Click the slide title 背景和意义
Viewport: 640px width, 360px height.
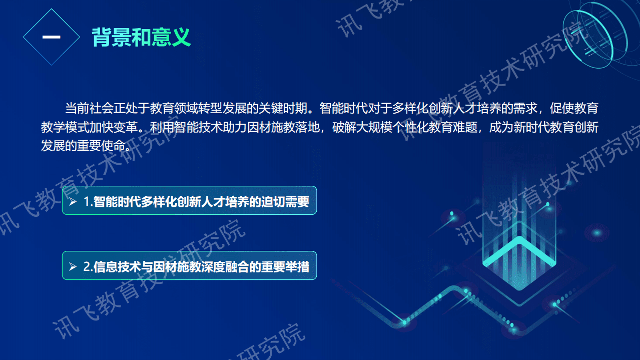[x=141, y=37]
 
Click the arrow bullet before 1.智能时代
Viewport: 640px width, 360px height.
[x=73, y=202]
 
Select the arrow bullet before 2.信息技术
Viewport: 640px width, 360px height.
[x=73, y=267]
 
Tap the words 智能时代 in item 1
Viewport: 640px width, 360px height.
[x=116, y=202]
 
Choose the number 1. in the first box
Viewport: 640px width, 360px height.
[x=89, y=202]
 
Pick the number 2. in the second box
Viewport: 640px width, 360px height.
[x=89, y=267]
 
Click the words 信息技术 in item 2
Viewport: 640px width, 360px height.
[x=116, y=267]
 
